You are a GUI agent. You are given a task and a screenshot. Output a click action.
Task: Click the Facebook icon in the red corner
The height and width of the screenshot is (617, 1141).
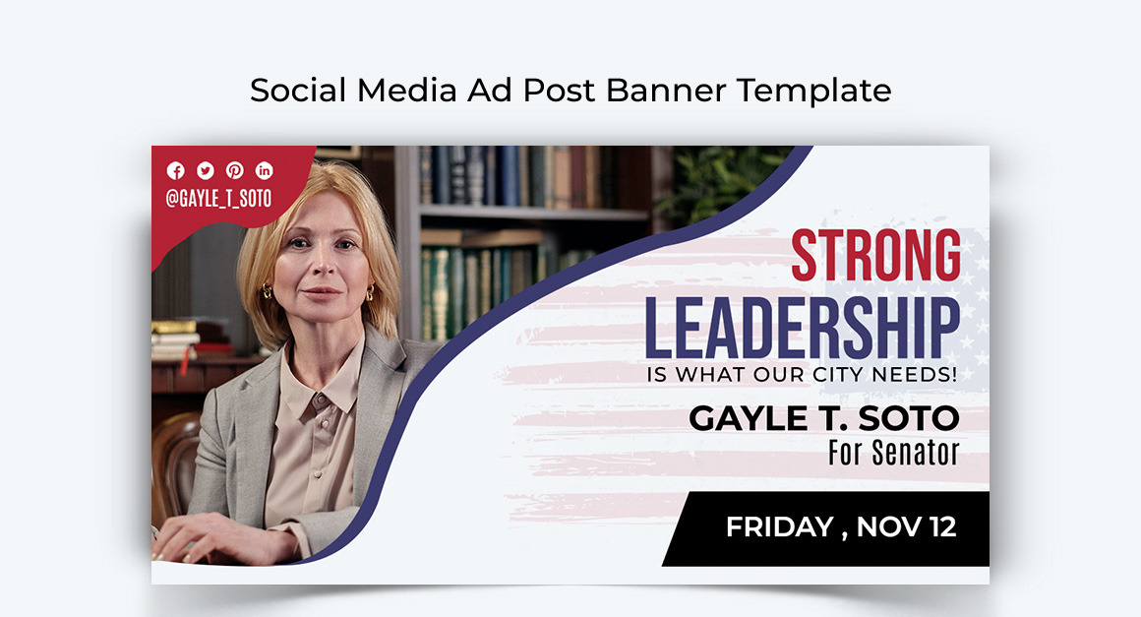tap(176, 170)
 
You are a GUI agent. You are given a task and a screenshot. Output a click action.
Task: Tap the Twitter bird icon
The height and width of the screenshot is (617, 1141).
tap(206, 170)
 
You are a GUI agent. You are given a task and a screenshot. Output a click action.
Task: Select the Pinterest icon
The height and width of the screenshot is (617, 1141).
tap(235, 170)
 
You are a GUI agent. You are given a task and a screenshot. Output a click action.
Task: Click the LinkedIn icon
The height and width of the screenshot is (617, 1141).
tap(265, 170)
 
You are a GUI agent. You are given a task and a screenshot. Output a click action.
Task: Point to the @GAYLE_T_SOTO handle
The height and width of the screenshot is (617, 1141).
tap(218, 198)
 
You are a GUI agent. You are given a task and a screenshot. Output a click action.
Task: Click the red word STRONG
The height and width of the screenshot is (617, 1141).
tap(875, 256)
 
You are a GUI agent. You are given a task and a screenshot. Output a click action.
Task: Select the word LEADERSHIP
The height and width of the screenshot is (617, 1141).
tap(802, 329)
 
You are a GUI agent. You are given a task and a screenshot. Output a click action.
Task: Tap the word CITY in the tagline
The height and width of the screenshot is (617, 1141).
tap(859, 375)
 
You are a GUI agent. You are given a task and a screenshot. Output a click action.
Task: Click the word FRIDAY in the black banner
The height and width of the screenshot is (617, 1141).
tap(779, 526)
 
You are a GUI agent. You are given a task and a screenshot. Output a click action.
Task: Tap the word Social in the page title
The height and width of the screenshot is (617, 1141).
tap(299, 91)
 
